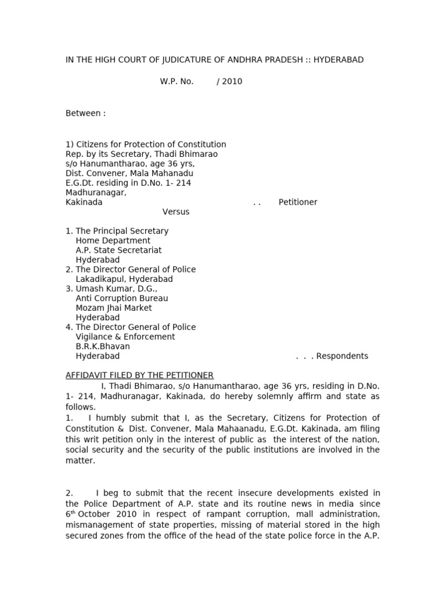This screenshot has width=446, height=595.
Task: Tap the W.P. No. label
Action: point(177,81)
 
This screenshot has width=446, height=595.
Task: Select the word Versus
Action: point(176,212)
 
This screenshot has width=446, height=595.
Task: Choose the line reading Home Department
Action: point(113,241)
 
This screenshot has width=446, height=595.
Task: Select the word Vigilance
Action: point(96,337)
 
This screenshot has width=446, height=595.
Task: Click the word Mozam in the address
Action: point(89,308)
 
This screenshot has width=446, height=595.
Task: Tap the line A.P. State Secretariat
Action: point(118,250)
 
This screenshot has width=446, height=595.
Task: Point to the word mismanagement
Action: point(96,525)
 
